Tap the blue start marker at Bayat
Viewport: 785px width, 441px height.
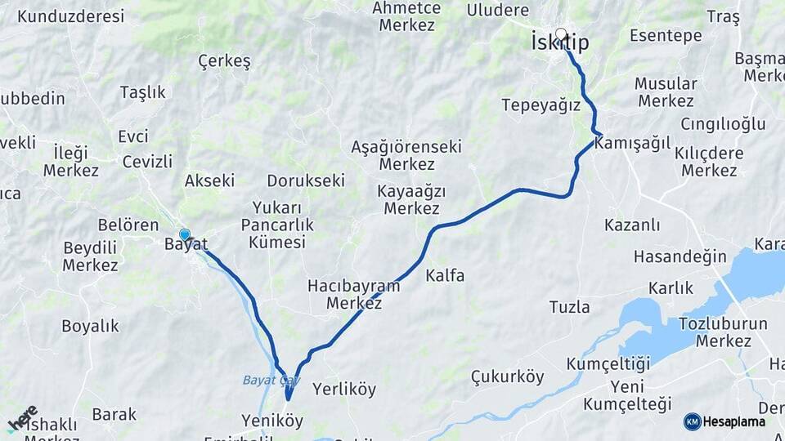(185, 235)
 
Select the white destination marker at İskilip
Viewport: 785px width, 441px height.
(561, 34)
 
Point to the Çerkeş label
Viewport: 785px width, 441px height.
(224, 61)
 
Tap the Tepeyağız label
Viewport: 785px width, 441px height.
(541, 105)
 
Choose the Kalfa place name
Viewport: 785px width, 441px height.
(445, 276)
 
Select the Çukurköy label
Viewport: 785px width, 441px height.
(507, 376)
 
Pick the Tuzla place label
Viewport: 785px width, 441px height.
(569, 307)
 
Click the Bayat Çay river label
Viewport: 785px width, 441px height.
(271, 381)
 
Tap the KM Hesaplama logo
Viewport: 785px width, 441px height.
(724, 421)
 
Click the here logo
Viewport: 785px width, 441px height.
(22, 418)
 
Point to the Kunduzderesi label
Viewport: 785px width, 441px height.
(70, 16)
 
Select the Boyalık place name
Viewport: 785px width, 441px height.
(90, 327)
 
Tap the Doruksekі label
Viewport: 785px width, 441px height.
(306, 180)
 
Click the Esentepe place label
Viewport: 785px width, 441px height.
(666, 35)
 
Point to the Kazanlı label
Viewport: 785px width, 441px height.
(632, 225)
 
